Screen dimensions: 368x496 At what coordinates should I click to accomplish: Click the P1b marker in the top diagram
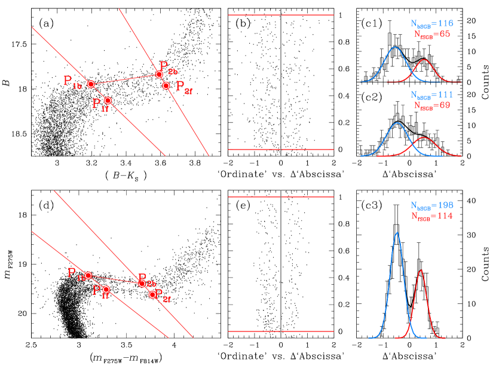click(91, 84)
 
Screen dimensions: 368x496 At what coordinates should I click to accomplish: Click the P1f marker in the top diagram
click(108, 101)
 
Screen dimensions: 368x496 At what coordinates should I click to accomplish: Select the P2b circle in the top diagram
click(159, 75)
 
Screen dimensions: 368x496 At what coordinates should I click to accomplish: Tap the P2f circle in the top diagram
click(166, 86)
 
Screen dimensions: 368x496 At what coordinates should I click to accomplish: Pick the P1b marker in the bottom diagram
click(88, 275)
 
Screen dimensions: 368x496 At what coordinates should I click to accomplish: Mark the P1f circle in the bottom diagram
click(106, 289)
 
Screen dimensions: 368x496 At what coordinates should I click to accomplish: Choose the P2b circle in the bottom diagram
click(142, 283)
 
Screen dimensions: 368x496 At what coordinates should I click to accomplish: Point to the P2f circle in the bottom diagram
click(152, 294)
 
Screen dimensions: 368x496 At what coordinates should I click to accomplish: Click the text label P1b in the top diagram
click(72, 81)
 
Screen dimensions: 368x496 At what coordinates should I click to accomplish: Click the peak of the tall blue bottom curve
click(397, 233)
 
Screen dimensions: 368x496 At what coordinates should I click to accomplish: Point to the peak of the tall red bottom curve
click(421, 270)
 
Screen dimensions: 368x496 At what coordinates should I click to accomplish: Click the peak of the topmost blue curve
click(394, 47)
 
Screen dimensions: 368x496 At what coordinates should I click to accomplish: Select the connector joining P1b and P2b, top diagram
click(125, 79)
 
